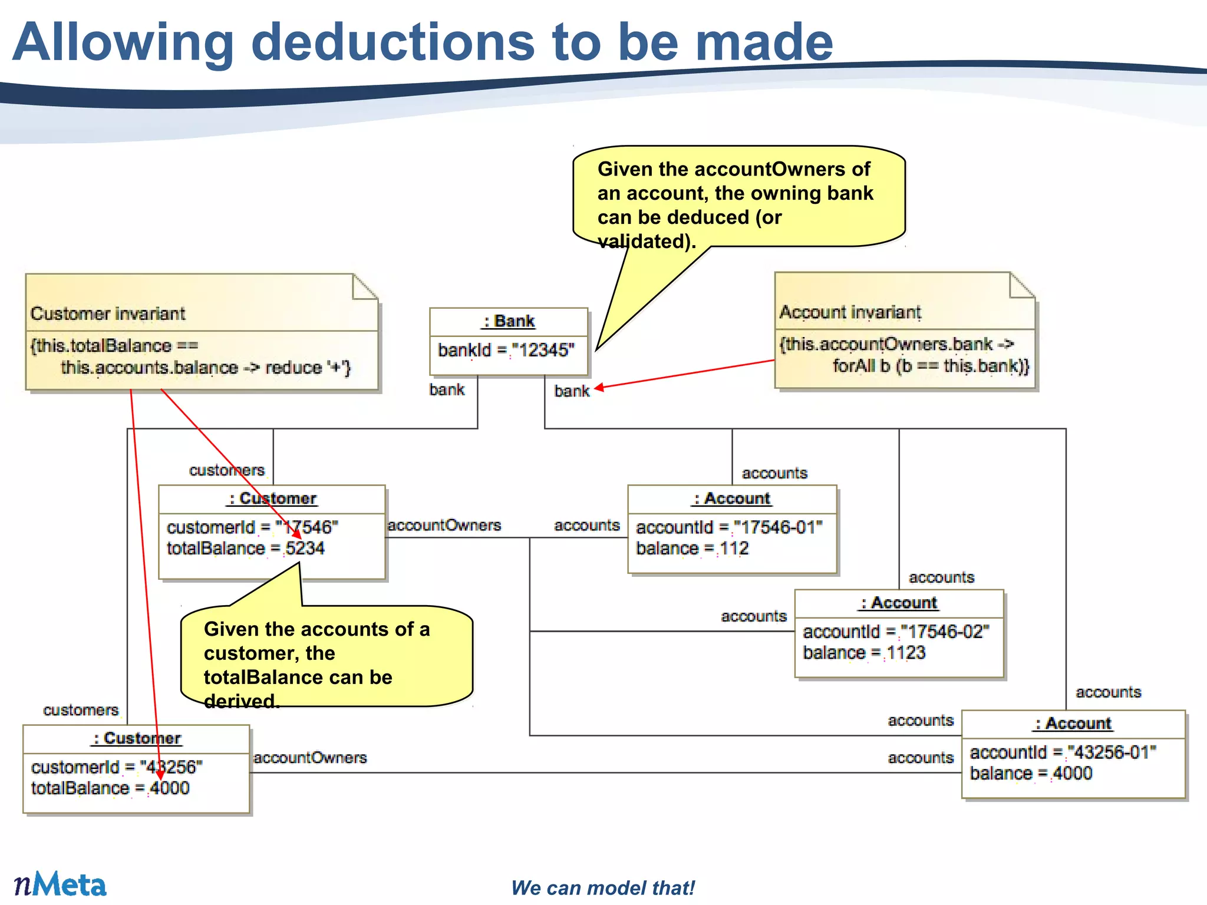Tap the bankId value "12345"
543,351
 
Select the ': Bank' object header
509,322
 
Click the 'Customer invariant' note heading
108,313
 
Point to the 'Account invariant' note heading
850,312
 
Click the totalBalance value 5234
305,549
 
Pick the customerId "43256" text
171,767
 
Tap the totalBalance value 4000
170,788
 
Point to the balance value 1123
906,653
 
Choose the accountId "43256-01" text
1112,752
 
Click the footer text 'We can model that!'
603,888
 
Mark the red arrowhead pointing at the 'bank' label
599,388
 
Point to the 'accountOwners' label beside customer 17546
444,525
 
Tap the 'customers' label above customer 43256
81,710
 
